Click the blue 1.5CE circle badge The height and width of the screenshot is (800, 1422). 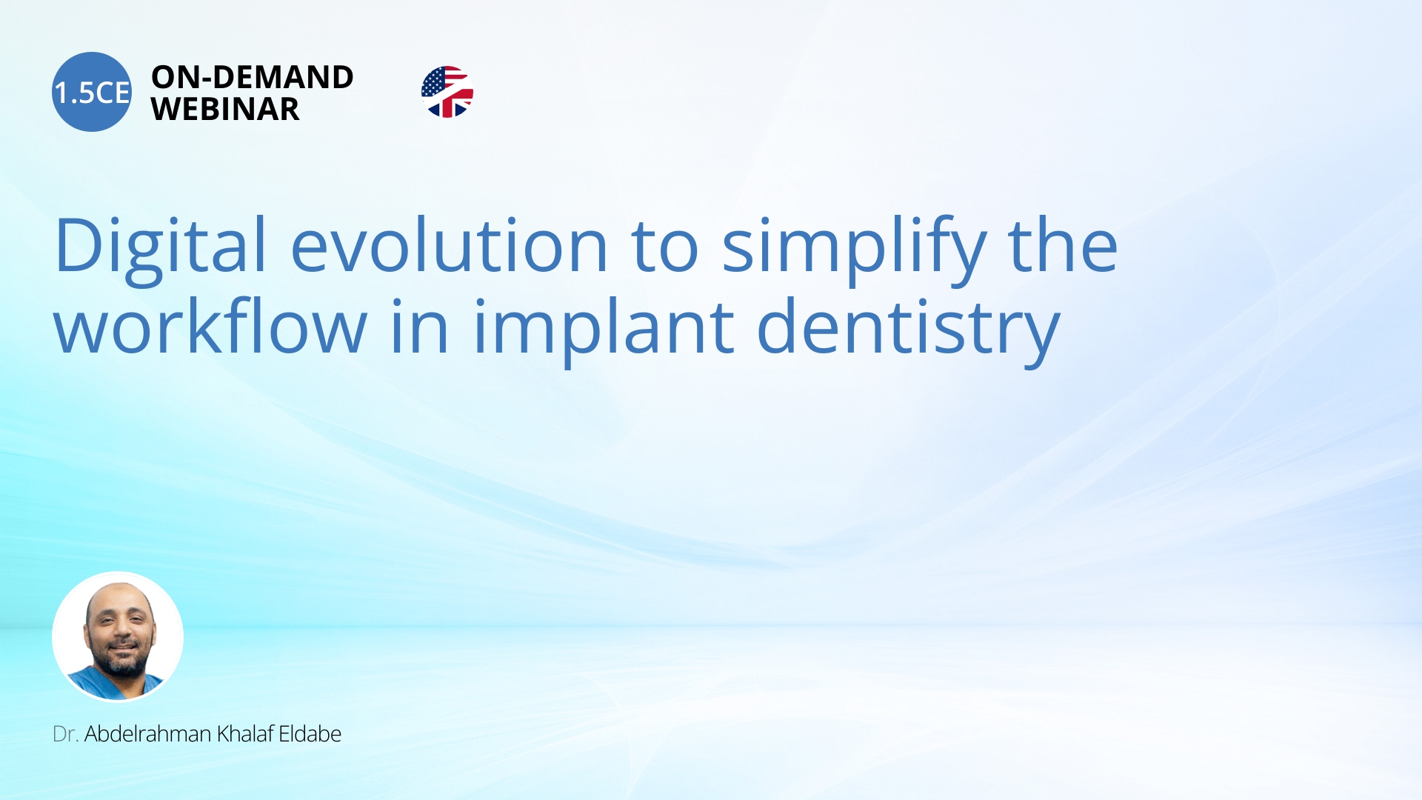click(92, 92)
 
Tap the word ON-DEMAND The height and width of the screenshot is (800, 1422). click(253, 77)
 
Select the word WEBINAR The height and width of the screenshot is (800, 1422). click(225, 109)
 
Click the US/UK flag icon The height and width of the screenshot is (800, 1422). click(447, 92)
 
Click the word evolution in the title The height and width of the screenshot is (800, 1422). click(450, 245)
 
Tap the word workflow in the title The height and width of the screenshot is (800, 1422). click(210, 327)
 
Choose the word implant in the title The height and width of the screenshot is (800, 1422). click(604, 330)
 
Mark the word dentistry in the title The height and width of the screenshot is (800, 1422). click(909, 330)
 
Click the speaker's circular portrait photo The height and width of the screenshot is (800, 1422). click(118, 636)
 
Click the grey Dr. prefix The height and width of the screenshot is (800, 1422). click(65, 734)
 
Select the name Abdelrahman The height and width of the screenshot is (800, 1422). click(148, 734)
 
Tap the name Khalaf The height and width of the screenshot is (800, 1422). click(244, 734)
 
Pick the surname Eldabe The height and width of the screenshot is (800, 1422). click(310, 734)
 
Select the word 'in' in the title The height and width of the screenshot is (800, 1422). click(420, 327)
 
